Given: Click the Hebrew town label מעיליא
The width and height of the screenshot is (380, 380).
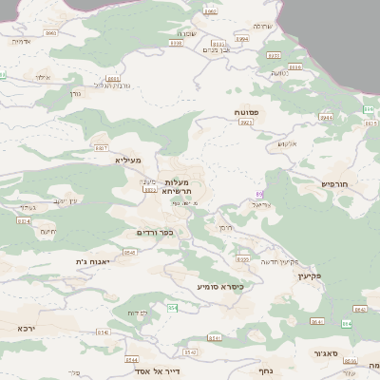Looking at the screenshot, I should click(127, 161).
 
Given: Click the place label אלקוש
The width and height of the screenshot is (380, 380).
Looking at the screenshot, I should click(287, 144).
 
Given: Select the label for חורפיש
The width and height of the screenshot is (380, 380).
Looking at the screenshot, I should click(335, 183).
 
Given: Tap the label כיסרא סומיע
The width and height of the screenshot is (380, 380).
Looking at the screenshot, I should click(220, 286).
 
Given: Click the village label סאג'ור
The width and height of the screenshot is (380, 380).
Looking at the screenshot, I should click(326, 352).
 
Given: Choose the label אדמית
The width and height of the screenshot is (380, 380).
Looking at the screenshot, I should click(20, 42).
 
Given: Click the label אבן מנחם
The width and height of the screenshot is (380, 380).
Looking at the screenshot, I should click(218, 49).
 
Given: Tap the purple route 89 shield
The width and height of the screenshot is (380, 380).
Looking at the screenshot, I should click(259, 194).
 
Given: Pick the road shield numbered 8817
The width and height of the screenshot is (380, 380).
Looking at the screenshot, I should click(101, 149).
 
